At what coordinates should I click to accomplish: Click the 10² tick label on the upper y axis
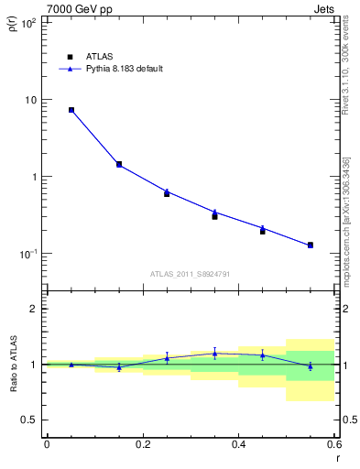pyautogui.click(x=27, y=22)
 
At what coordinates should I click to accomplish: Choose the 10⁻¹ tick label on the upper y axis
pyautogui.click(x=27, y=254)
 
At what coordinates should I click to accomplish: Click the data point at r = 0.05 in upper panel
pyautogui.click(x=71, y=110)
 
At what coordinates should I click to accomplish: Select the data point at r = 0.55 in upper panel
pyautogui.click(x=311, y=245)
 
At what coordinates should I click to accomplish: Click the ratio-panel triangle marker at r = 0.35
pyautogui.click(x=214, y=353)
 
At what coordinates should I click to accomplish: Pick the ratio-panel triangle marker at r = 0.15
pyautogui.click(x=119, y=366)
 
